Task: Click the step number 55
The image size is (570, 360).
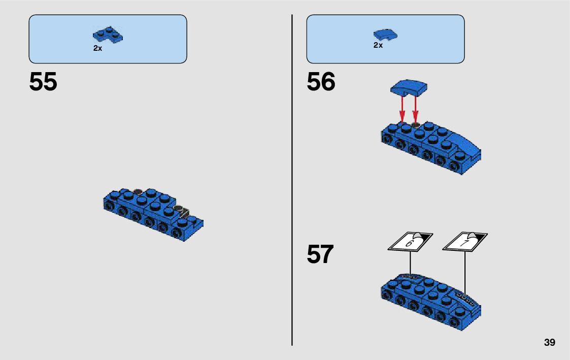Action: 43,82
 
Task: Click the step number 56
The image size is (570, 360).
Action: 321,82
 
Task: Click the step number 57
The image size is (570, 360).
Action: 320,254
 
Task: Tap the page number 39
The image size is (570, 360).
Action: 549,343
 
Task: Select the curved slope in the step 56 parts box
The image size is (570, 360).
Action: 385,35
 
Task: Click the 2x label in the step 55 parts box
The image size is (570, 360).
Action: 97,48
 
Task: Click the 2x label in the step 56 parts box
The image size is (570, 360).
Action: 378,45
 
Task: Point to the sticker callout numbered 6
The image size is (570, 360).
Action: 410,242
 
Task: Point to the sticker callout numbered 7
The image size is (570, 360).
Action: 465,242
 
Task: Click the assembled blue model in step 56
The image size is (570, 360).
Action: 431,147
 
